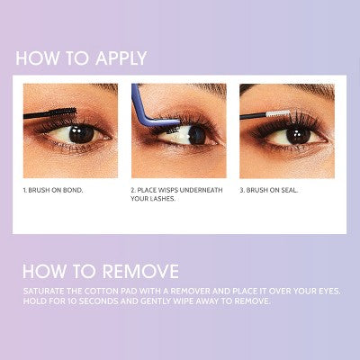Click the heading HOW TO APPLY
pos(80,59)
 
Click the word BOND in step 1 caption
pos(78,192)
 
